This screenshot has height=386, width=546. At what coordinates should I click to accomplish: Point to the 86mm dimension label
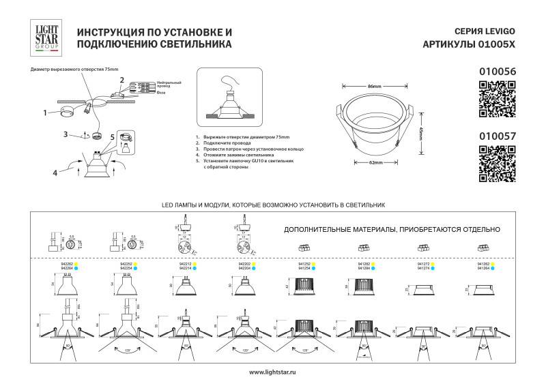[x=374, y=87]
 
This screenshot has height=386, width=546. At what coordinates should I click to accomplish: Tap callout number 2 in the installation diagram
[x=122, y=80]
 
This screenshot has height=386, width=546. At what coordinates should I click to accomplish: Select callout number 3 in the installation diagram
[x=66, y=133]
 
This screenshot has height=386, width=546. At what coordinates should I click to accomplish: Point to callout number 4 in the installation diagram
[x=55, y=173]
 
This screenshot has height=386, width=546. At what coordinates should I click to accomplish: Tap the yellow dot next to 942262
[x=77, y=264]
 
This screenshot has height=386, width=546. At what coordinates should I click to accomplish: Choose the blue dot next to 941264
[x=493, y=269]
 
